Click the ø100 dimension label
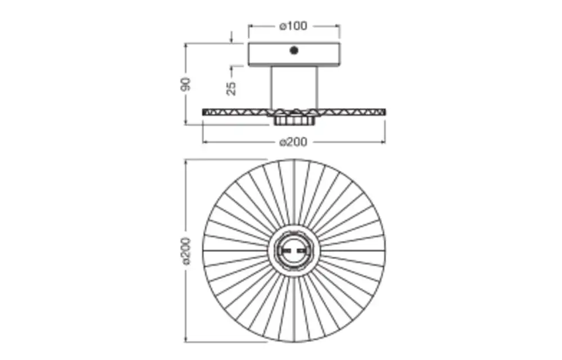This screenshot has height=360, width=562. tap(293, 26)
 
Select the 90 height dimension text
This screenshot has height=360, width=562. tap(186, 84)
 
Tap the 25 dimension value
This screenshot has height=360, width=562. tap(232, 88)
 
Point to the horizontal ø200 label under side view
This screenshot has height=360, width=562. tap(293, 142)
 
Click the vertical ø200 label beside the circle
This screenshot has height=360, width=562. tap(186, 251)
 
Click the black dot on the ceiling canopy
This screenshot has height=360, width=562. tap(294, 50)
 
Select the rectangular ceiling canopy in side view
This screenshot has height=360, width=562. tap(294, 54)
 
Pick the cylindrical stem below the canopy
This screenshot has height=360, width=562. tap(294, 88)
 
